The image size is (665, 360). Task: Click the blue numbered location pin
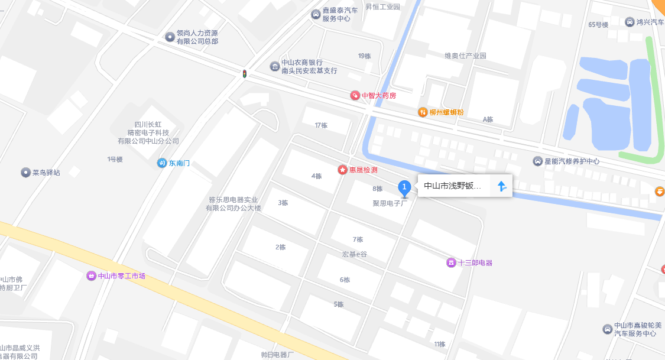pyautogui.click(x=404, y=189)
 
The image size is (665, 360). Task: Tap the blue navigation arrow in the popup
pyautogui.click(x=502, y=186)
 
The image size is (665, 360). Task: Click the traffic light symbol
pyautogui.click(x=244, y=74)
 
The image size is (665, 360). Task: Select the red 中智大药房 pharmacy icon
pyautogui.click(x=355, y=95)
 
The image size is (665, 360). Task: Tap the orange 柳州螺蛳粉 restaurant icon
pyautogui.click(x=423, y=112)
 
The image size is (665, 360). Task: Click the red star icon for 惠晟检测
pyautogui.click(x=342, y=170)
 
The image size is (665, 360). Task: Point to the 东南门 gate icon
pyautogui.click(x=162, y=163)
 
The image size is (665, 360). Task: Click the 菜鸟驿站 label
pyautogui.click(x=46, y=173)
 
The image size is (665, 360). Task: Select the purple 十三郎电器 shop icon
pyautogui.click(x=451, y=262)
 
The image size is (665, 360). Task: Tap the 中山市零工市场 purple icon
pyautogui.click(x=91, y=275)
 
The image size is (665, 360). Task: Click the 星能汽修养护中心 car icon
pyautogui.click(x=537, y=161)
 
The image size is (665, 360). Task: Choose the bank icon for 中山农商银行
pyautogui.click(x=275, y=66)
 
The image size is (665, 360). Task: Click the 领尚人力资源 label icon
pyautogui.click(x=170, y=37)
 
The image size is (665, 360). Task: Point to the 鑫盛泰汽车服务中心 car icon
pyautogui.click(x=316, y=14)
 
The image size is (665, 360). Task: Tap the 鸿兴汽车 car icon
pyautogui.click(x=630, y=22)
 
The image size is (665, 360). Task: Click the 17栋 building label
pyautogui.click(x=321, y=125)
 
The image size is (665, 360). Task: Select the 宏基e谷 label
pyautogui.click(x=354, y=254)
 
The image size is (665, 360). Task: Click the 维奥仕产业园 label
pyautogui.click(x=465, y=56)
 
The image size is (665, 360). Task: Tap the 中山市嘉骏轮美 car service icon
pyautogui.click(x=607, y=329)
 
